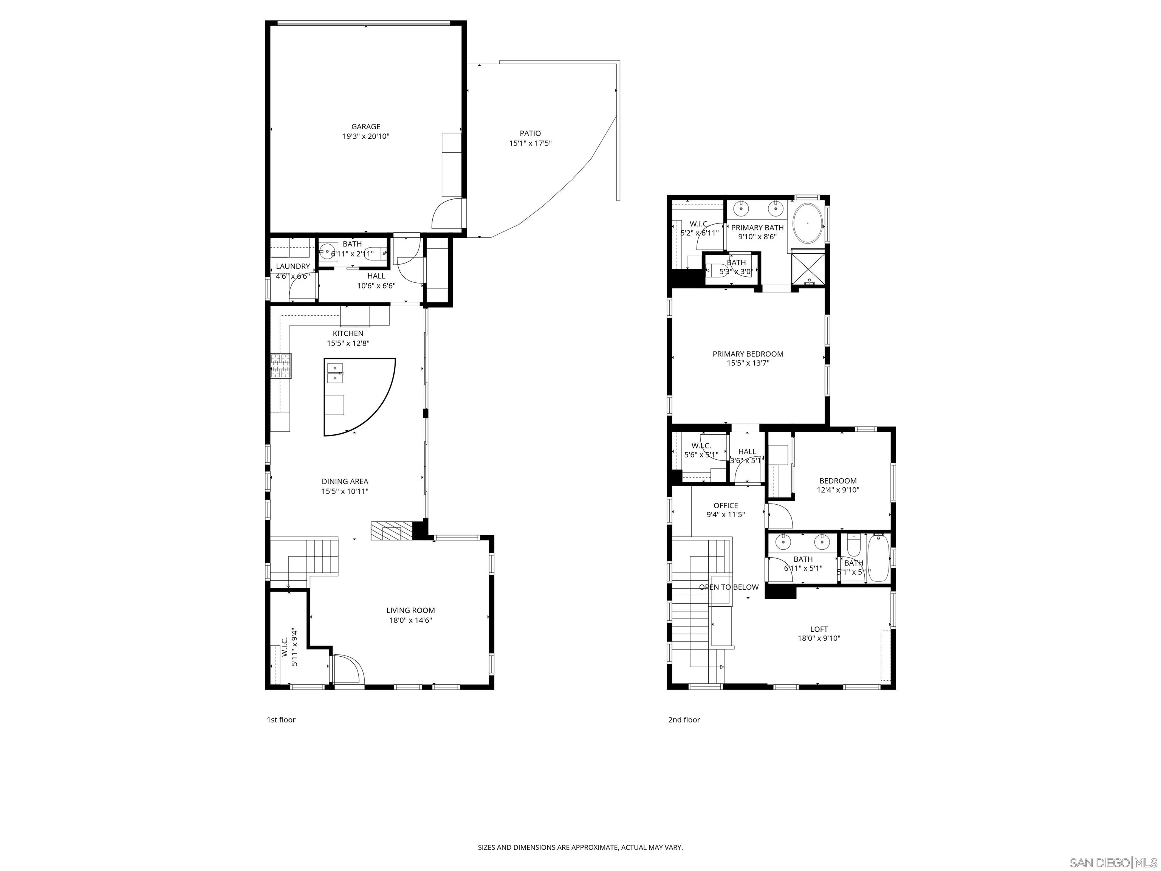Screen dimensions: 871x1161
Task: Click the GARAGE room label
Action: click(x=366, y=127)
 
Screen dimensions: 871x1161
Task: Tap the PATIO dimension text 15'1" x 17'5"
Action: click(x=530, y=143)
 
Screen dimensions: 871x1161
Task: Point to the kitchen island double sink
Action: click(x=335, y=372)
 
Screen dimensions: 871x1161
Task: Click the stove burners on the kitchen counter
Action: click(x=281, y=366)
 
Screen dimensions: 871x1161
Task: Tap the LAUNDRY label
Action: click(x=293, y=266)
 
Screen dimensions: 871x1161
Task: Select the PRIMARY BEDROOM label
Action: click(x=748, y=354)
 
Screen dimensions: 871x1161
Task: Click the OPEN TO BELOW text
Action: click(x=729, y=587)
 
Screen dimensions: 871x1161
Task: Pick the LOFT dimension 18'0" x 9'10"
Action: click(x=819, y=639)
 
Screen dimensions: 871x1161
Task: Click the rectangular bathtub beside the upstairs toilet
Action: click(x=878, y=558)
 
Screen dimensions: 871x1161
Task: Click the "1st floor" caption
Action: click(x=281, y=720)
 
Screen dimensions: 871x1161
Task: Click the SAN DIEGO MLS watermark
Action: click(x=1113, y=863)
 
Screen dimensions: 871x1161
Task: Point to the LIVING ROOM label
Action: click(x=410, y=610)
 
